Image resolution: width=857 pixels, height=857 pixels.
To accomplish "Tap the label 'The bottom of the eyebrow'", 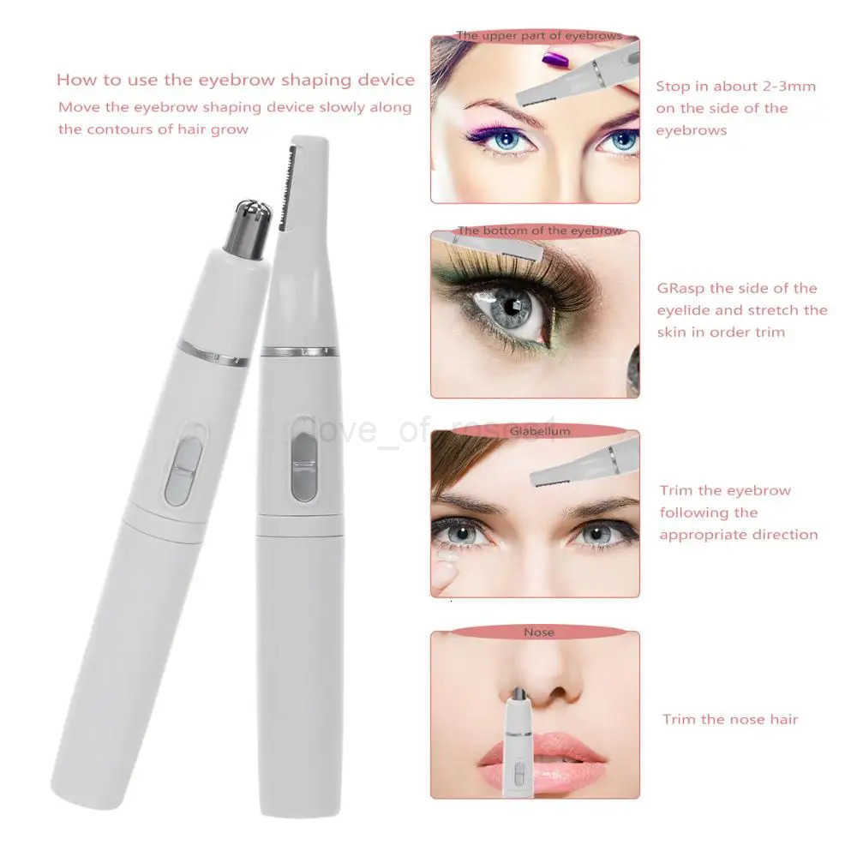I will coord(539,231).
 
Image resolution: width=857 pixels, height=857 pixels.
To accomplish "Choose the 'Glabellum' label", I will coord(539,431).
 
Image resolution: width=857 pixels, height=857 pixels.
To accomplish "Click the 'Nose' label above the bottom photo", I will coord(538,632).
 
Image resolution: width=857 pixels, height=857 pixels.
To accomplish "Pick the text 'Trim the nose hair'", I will coord(729,719).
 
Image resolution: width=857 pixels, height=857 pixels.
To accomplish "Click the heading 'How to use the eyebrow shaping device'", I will coord(235,80).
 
